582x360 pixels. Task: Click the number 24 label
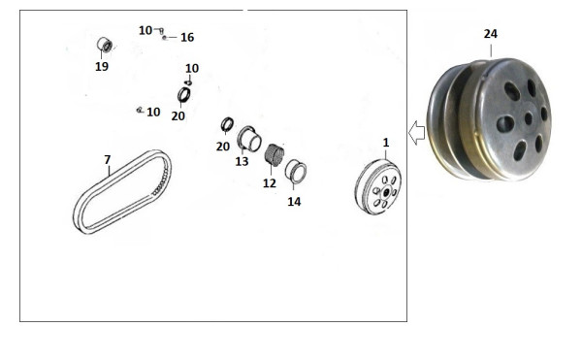point(490,34)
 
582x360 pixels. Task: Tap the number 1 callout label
point(386,143)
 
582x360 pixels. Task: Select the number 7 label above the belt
point(108,159)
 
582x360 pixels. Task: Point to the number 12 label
point(270,183)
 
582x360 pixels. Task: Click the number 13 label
point(242,161)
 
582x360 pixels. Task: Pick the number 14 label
point(294,202)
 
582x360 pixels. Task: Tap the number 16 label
point(187,37)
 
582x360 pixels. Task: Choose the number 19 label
point(102,66)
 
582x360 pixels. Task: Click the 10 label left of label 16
point(145,30)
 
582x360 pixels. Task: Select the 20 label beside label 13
point(223,147)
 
